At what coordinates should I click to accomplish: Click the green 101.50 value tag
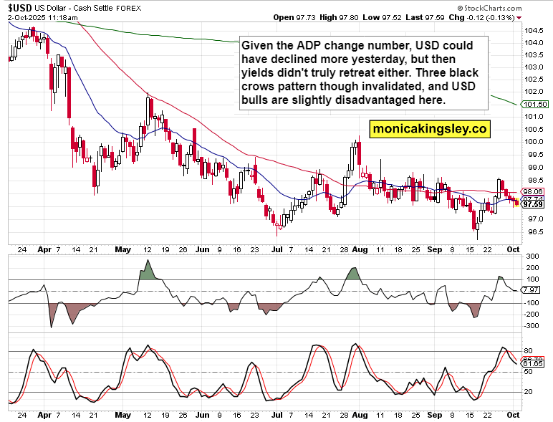coord(536,105)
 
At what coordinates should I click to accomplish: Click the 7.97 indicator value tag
coord(531,290)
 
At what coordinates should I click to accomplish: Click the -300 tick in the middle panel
coord(532,325)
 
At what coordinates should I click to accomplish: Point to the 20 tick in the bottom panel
coord(529,392)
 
